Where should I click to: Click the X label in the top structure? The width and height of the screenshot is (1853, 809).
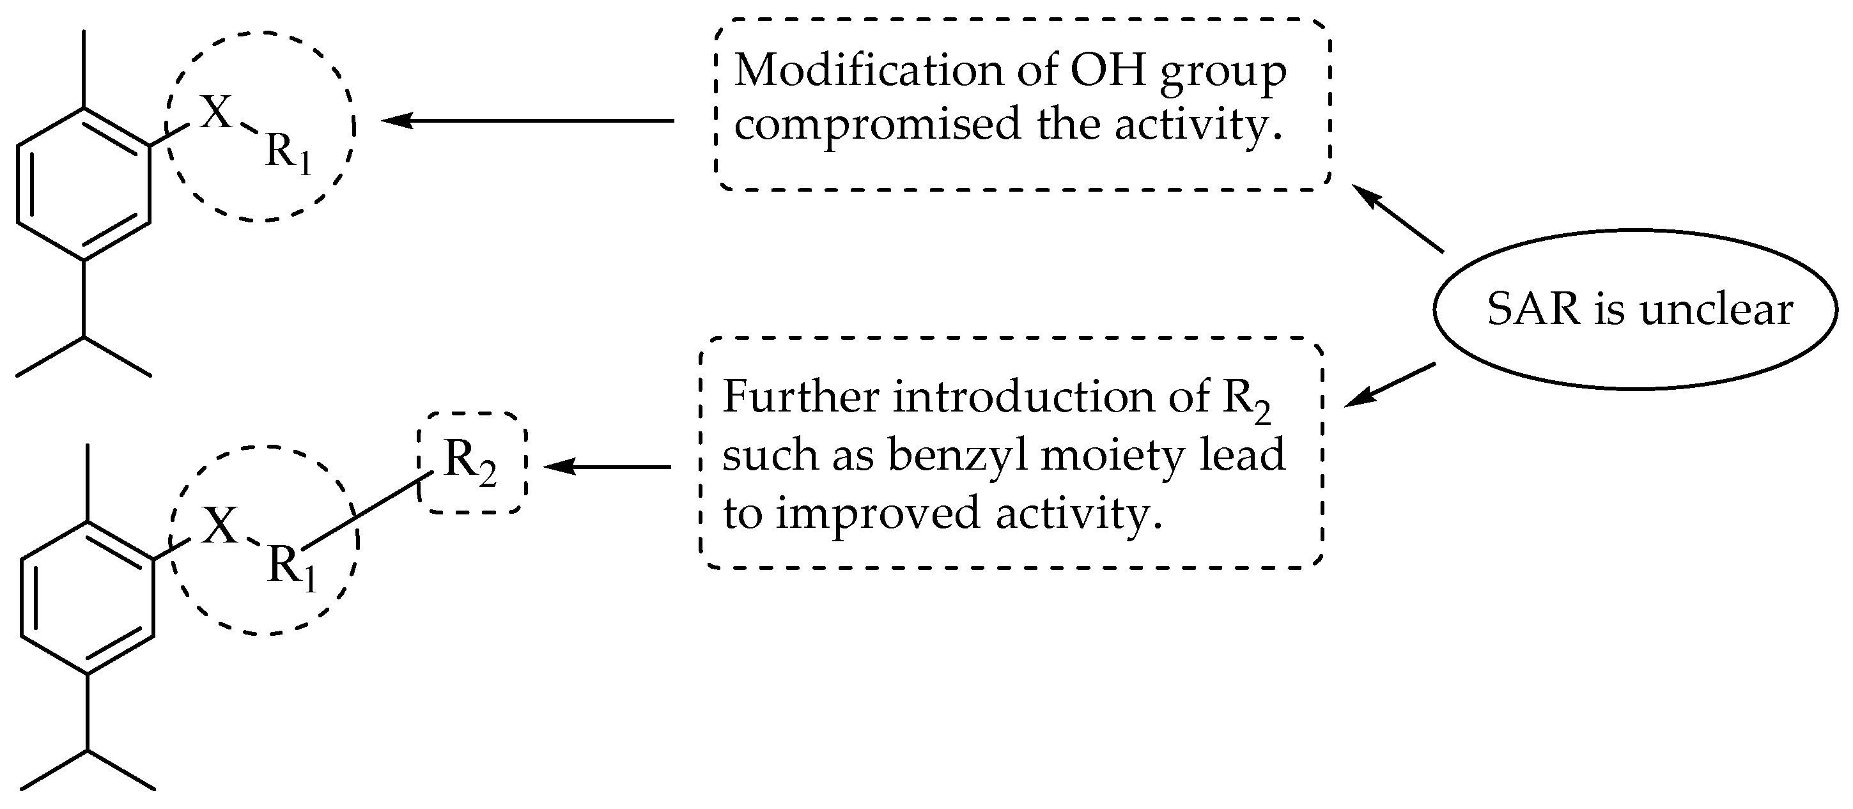216,113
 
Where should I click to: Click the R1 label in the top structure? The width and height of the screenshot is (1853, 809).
288,153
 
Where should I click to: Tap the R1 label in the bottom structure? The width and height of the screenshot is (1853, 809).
291,567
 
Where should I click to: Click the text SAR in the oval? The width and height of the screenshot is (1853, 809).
1533,311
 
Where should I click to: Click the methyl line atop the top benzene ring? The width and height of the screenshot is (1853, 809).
84,69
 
